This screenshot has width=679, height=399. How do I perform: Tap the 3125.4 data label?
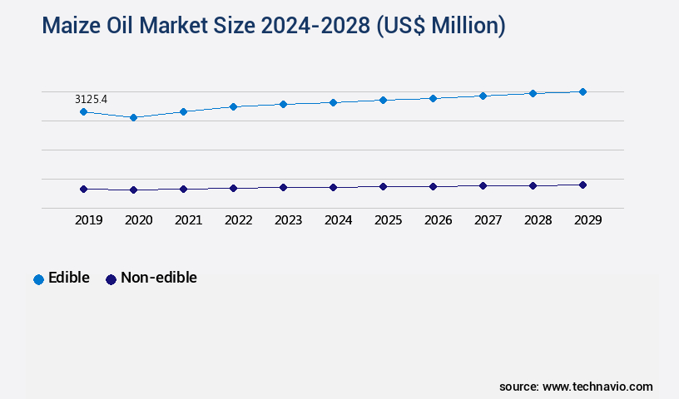tap(91, 99)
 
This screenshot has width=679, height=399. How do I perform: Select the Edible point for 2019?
tap(83, 111)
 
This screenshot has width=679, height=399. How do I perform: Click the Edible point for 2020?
tap(133, 117)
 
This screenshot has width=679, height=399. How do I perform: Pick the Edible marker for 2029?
tap(582, 91)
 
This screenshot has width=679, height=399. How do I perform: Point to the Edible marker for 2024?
tap(333, 102)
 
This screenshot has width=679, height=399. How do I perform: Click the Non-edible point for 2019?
tap(83, 189)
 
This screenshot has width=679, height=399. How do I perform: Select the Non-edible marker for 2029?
tap(582, 185)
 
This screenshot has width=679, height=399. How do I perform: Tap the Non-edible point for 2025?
tap(383, 186)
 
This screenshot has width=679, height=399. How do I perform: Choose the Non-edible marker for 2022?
tap(233, 188)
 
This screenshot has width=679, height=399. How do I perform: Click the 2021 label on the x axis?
tap(188, 220)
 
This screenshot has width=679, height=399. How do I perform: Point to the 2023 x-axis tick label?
tap(288, 220)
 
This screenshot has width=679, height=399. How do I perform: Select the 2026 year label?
tap(438, 220)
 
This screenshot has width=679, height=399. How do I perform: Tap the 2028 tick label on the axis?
tap(538, 220)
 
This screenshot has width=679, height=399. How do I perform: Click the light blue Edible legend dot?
tap(38, 279)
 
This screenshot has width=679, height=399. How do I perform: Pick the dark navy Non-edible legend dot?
tap(111, 279)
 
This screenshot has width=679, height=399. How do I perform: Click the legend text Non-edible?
tap(159, 278)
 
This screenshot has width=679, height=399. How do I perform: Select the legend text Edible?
tap(69, 278)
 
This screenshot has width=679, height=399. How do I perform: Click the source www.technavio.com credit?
tap(576, 387)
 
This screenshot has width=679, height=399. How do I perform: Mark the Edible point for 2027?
tap(483, 96)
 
